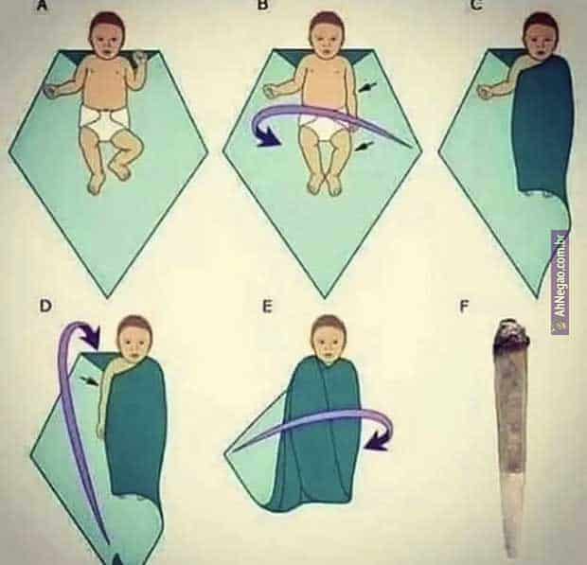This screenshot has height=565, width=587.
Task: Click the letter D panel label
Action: [44, 306]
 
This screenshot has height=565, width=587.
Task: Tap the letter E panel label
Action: [267, 307]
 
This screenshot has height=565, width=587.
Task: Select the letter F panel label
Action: [464, 307]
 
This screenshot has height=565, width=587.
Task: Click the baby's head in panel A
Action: [107, 35]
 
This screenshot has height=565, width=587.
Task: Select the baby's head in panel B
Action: [327, 35]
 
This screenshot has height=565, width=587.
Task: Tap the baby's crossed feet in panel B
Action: [326, 185]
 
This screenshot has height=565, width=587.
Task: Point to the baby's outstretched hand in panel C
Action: [485, 91]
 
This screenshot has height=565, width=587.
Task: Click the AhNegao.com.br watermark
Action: [560, 282]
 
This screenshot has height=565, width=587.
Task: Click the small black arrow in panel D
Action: [90, 380]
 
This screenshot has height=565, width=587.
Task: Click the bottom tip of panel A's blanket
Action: [107, 297]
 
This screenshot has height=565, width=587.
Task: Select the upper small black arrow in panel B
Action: [367, 88]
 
